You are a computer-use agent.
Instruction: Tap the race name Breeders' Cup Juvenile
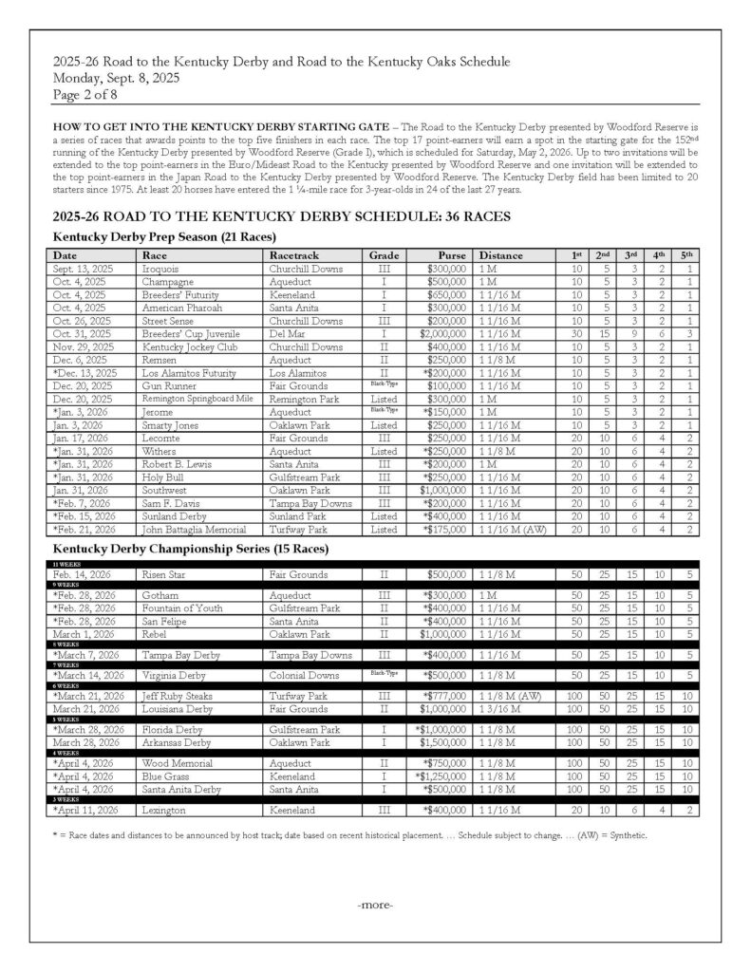(x=190, y=335)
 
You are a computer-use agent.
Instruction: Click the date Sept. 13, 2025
(x=84, y=269)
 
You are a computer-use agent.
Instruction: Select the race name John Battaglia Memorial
(x=196, y=530)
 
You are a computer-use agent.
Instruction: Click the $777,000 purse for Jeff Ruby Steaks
(x=442, y=696)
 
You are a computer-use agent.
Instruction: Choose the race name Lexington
(x=164, y=810)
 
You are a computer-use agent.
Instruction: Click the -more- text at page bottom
(x=375, y=905)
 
